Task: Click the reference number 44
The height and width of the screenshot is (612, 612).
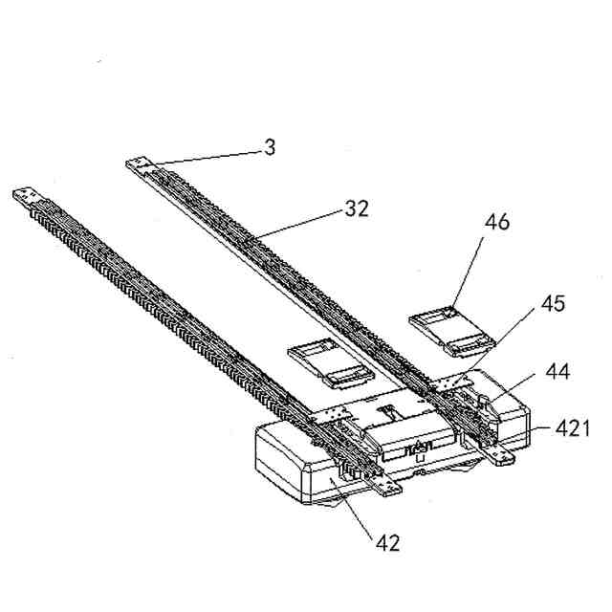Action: (x=558, y=371)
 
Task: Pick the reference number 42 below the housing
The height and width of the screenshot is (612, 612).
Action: (x=387, y=542)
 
